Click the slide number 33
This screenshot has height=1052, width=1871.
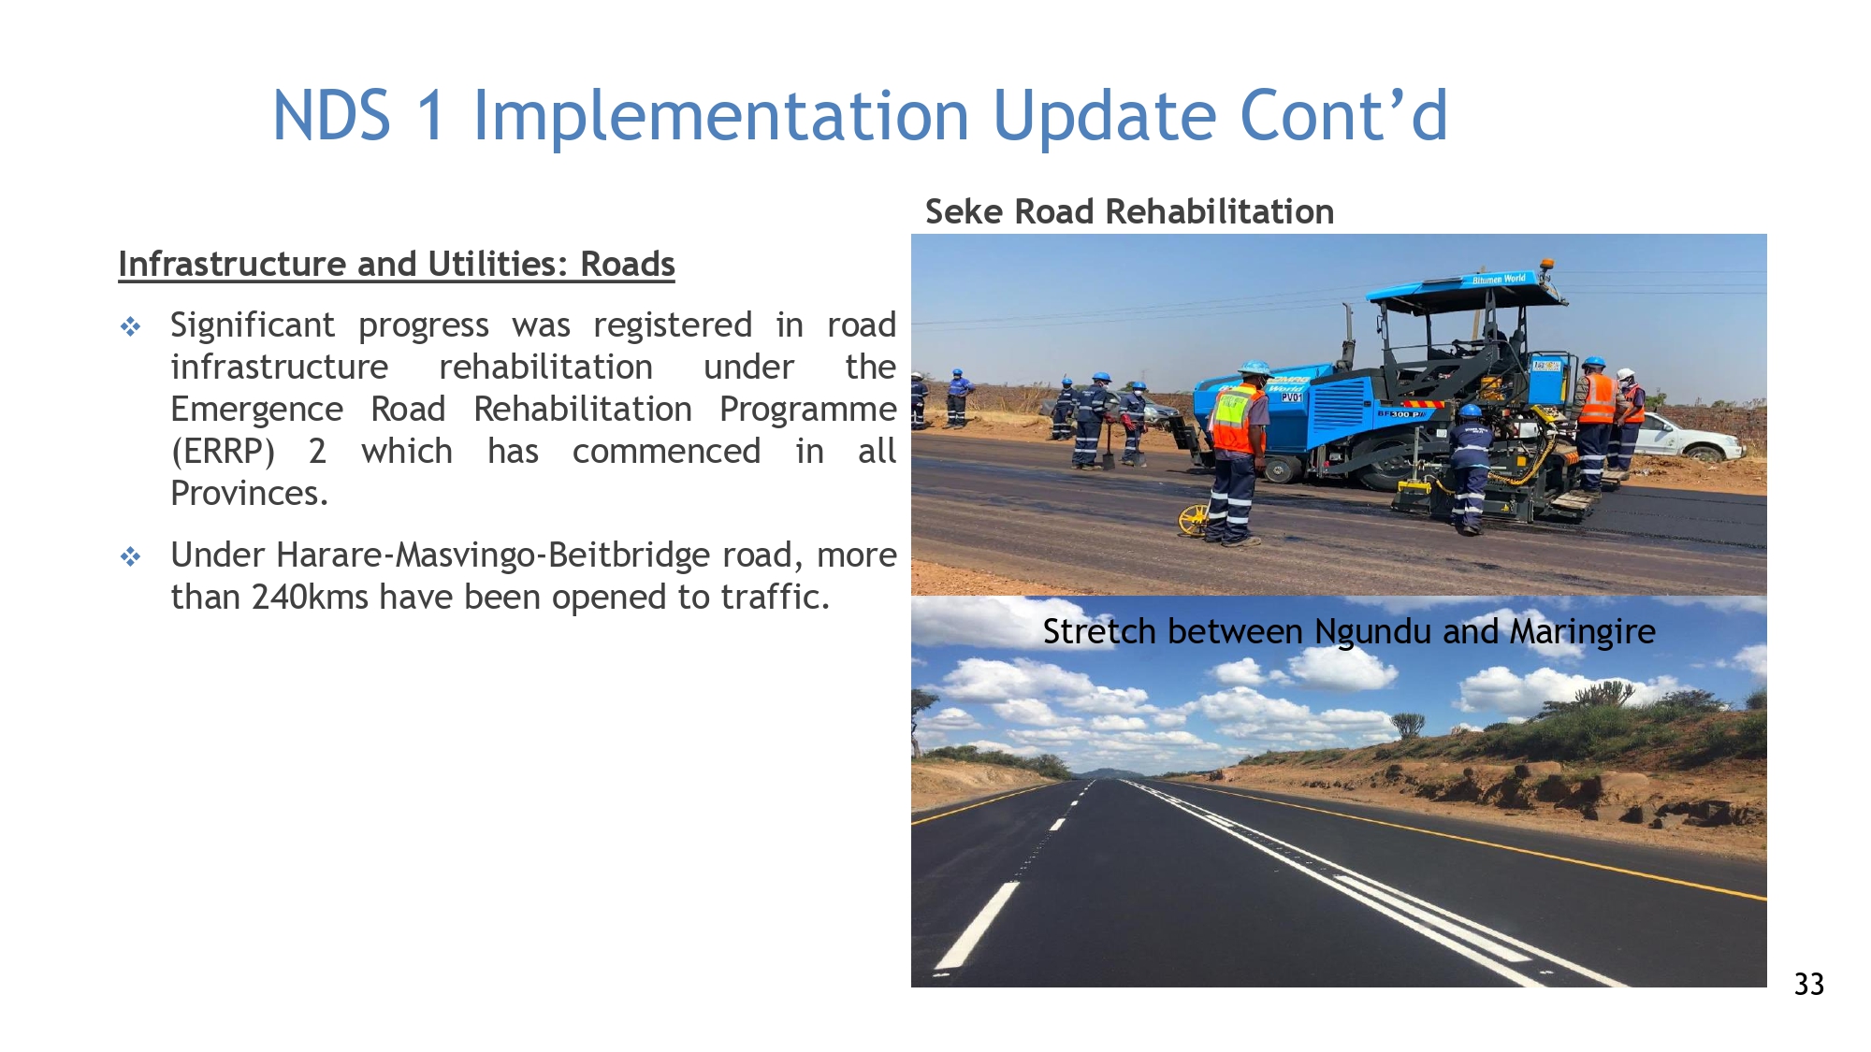tap(1808, 984)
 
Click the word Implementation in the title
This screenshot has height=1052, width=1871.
tap(721, 117)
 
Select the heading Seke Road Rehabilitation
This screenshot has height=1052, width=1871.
tap(1129, 212)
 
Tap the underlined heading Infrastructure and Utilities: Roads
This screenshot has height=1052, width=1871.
tap(397, 265)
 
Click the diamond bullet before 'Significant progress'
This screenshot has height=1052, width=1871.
tap(131, 326)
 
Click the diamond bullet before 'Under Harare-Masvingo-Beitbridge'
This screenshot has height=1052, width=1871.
tap(131, 556)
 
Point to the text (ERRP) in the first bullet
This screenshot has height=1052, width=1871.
tap(223, 452)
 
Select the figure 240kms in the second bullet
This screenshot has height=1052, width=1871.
tap(311, 597)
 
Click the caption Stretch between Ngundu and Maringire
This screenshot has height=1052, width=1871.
tap(1349, 632)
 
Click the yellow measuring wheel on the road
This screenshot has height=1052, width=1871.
tap(1193, 519)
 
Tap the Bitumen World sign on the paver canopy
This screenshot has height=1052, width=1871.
tap(1499, 279)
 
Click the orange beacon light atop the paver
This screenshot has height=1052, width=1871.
tap(1546, 267)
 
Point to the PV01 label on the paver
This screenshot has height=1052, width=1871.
tap(1291, 397)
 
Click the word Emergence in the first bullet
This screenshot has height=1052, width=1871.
tap(256, 411)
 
